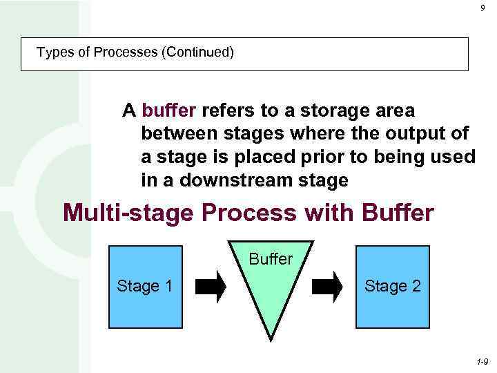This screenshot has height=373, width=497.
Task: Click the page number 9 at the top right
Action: click(x=483, y=8)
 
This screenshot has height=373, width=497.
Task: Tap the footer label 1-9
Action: click(x=483, y=361)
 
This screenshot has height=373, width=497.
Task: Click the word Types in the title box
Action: click(x=53, y=52)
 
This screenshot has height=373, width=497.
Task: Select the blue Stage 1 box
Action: click(x=145, y=286)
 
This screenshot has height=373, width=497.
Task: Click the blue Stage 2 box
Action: click(x=392, y=286)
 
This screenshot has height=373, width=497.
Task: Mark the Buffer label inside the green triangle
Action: click(x=271, y=260)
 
